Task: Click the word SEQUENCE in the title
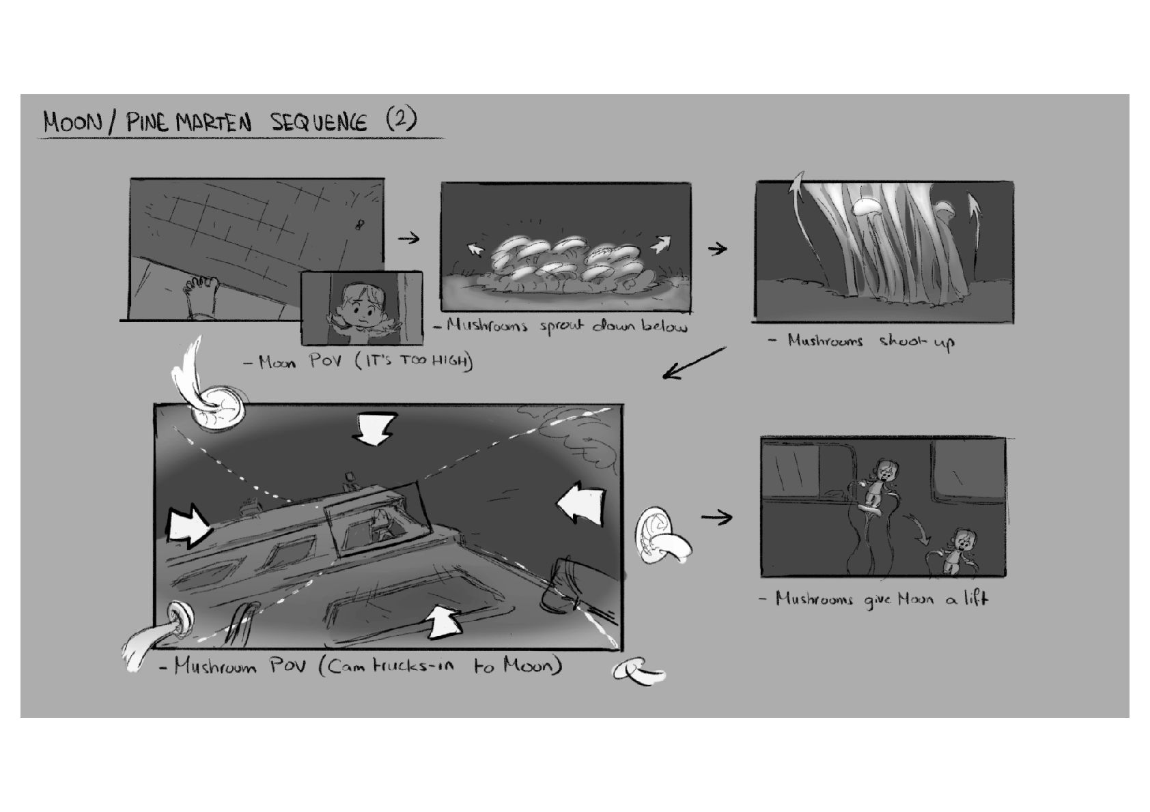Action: click(x=318, y=122)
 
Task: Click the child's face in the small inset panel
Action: click(x=363, y=305)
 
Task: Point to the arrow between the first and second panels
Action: click(x=408, y=238)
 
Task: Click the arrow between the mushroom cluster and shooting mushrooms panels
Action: click(x=717, y=249)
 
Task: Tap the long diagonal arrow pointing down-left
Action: click(x=694, y=363)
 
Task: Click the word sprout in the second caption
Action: click(x=561, y=326)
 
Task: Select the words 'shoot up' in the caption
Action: click(x=917, y=342)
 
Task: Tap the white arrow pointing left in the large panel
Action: click(x=580, y=504)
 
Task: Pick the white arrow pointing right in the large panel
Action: click(x=188, y=527)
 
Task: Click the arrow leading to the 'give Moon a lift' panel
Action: click(x=716, y=518)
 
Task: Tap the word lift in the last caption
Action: click(x=974, y=598)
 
